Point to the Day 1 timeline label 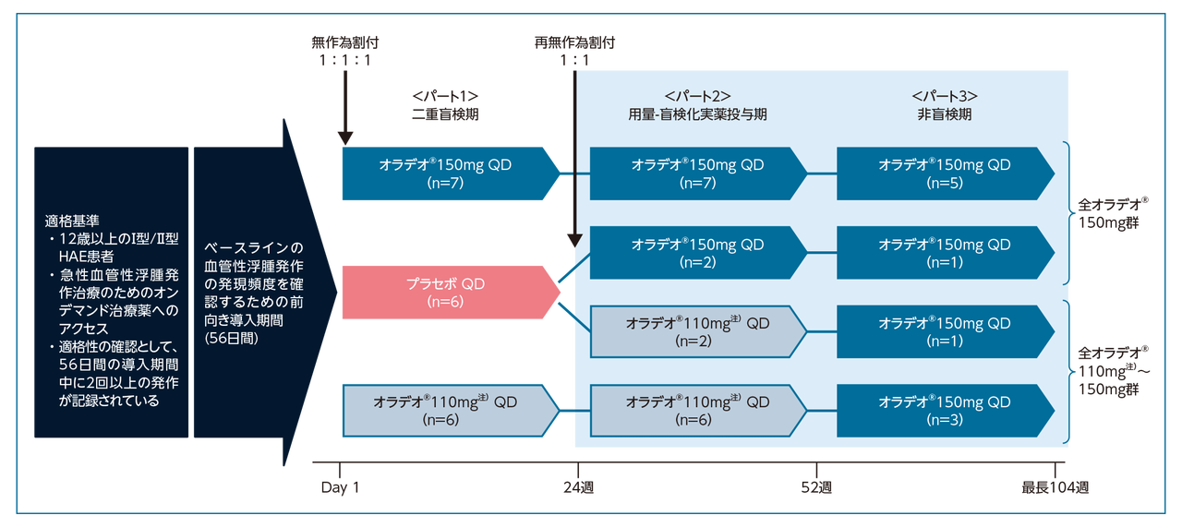coord(340,487)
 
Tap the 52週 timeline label coord(817,487)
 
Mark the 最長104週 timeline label coord(1055,487)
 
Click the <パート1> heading coord(446,96)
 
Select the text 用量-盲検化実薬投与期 coord(697,114)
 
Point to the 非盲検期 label coord(945,114)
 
